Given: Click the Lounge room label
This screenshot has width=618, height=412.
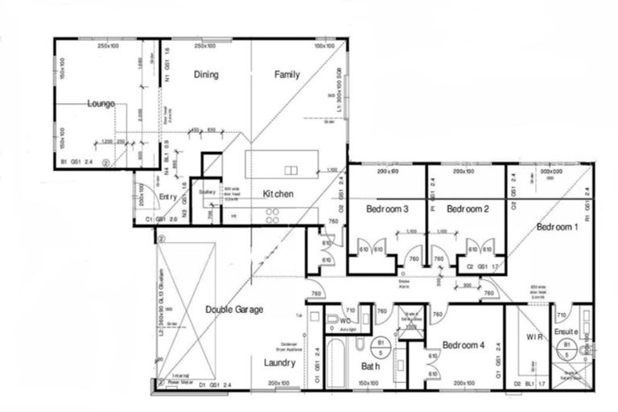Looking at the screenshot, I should pyautogui.click(x=101, y=104).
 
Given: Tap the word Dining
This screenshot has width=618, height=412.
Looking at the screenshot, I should pyautogui.click(x=206, y=75).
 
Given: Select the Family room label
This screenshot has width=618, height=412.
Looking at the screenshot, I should pyautogui.click(x=286, y=75).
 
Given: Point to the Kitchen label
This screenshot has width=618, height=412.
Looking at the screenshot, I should pyautogui.click(x=278, y=194).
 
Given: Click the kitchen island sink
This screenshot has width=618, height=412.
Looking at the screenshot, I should pyautogui.click(x=290, y=170).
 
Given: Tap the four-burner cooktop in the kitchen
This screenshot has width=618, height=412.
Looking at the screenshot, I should pyautogui.click(x=272, y=215).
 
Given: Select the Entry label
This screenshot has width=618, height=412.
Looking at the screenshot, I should pyautogui.click(x=167, y=197).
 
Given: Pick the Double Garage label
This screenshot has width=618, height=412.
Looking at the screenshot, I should pyautogui.click(x=233, y=309).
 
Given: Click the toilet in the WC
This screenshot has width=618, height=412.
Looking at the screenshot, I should pyautogui.click(x=332, y=320).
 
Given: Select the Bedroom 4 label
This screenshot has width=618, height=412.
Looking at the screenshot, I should pyautogui.click(x=463, y=345).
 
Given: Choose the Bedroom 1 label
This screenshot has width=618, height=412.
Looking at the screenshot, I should pyautogui.click(x=557, y=227).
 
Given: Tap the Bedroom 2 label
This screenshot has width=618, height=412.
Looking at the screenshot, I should pyautogui.click(x=468, y=209).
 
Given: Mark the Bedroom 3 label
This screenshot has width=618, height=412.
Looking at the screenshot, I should pyautogui.click(x=388, y=209).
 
